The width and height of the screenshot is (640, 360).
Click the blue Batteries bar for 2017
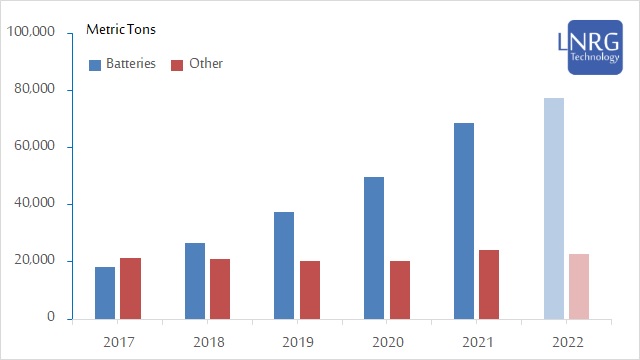coord(105,293)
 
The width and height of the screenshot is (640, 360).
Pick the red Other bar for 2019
coord(310,290)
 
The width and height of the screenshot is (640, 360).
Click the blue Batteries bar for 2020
coord(374,248)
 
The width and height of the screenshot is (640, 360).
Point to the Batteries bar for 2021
coord(464,221)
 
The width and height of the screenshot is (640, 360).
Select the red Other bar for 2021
coord(489,284)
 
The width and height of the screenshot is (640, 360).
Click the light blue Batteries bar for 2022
coord(554,208)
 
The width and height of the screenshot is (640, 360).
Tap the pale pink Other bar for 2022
coord(579,286)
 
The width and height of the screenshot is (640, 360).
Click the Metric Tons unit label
coord(119,30)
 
